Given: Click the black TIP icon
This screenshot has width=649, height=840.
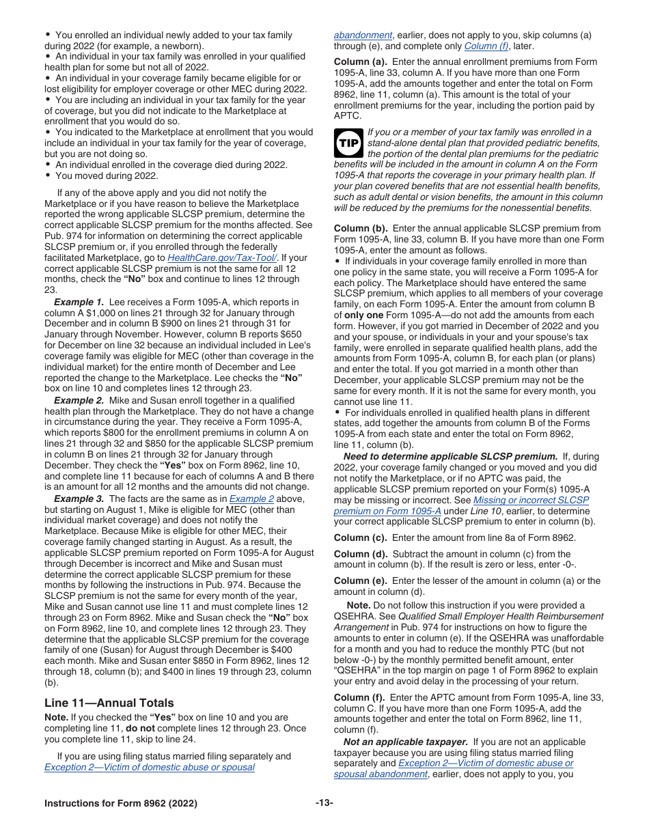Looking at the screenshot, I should (x=348, y=143).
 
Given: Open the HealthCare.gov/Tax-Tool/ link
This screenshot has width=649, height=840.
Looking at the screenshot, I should (x=222, y=257).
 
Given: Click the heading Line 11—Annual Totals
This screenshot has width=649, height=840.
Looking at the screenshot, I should (x=109, y=703).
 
